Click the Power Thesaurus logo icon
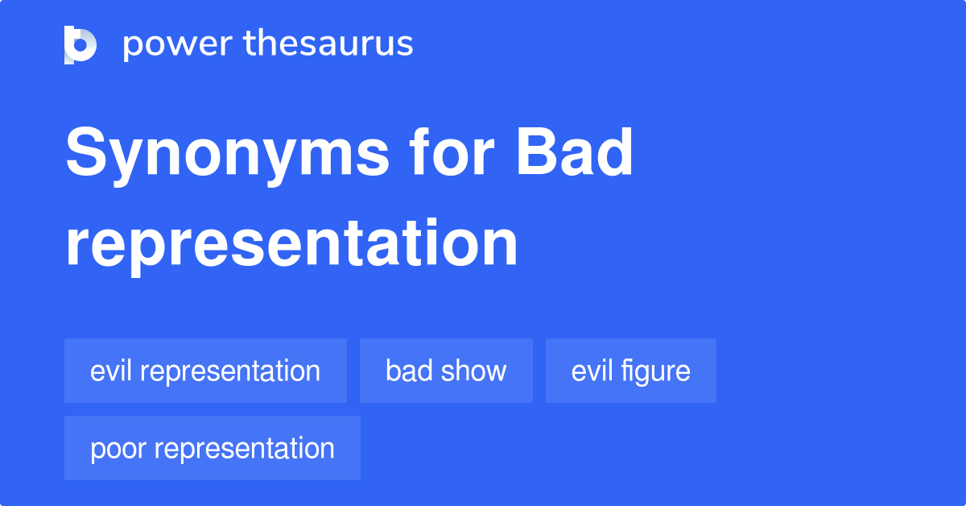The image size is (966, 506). (x=80, y=44)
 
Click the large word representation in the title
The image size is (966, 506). (x=291, y=243)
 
